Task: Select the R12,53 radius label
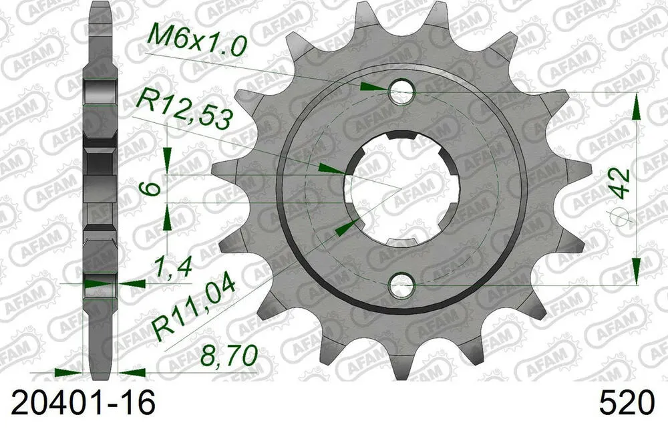point(184,110)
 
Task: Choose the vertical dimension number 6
point(153,188)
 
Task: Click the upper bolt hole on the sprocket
point(401,93)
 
